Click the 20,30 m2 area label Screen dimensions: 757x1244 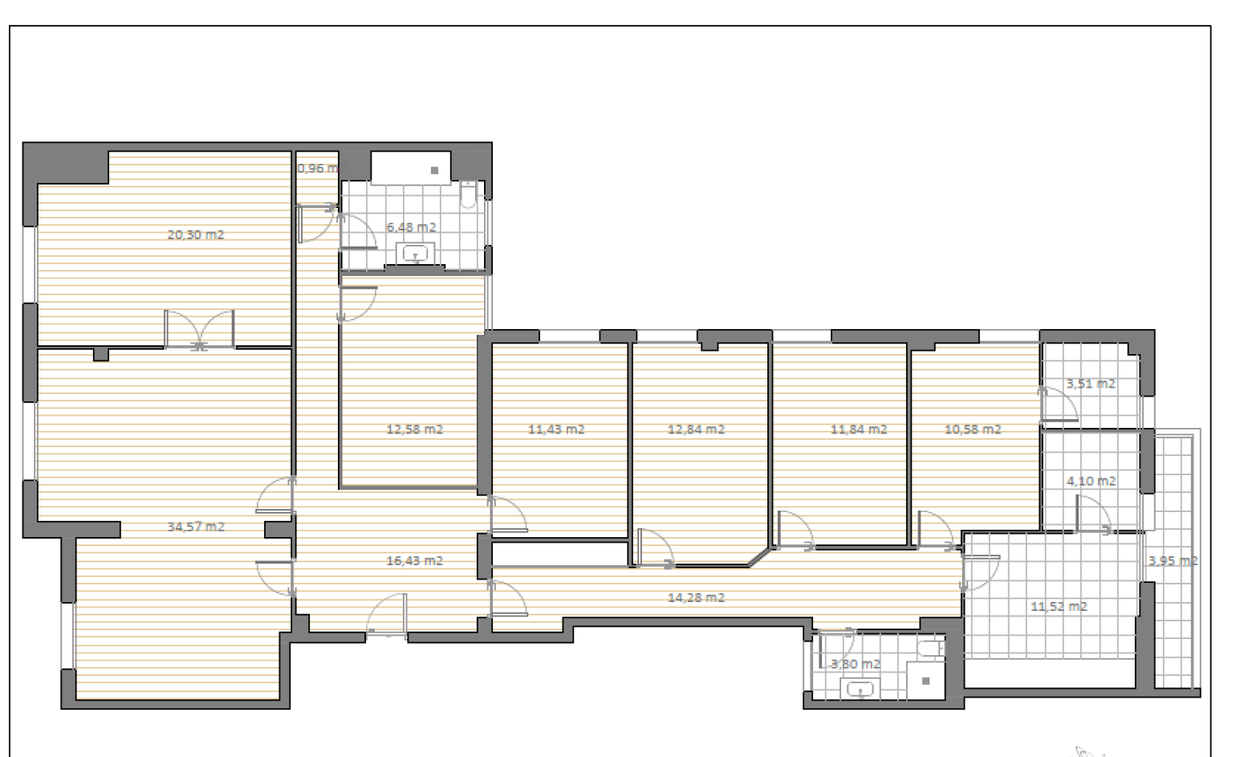195,234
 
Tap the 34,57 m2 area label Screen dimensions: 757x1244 195,527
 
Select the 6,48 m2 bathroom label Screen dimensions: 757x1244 411,227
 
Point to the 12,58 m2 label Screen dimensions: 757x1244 414,429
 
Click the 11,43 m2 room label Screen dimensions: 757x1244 556,429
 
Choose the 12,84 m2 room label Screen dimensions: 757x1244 696,429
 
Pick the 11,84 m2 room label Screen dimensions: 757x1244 858,429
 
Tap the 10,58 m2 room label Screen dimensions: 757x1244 973,429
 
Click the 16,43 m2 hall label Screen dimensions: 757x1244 414,560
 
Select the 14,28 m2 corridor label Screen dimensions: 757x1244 696,597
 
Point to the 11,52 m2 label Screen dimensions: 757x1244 1059,606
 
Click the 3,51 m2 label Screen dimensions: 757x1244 1091,384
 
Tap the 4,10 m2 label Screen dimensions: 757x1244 1091,481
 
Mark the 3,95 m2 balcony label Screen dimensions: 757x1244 1173,560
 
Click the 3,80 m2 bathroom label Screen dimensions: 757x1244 855,664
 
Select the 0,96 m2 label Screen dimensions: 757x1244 318,169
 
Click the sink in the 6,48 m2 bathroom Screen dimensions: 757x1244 415,254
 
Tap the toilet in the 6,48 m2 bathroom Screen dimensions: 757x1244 469,195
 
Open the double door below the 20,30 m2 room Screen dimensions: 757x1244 199,330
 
